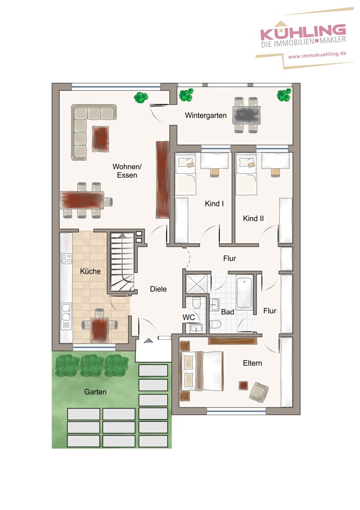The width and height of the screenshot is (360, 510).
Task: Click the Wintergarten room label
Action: click(x=205, y=116)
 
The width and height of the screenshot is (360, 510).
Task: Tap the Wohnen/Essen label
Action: click(x=125, y=171)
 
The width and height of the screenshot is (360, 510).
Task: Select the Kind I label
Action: click(x=214, y=203)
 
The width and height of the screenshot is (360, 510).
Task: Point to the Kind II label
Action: click(x=253, y=218)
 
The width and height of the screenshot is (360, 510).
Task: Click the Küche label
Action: click(x=90, y=271)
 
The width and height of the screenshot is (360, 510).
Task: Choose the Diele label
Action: click(x=158, y=289)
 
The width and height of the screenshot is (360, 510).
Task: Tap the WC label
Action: click(x=189, y=317)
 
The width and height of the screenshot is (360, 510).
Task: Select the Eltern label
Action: click(x=252, y=363)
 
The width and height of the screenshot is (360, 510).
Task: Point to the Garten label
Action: click(x=96, y=392)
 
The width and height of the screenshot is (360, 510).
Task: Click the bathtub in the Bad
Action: click(x=245, y=293)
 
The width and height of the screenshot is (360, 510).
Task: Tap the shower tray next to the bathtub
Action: click(x=196, y=284)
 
